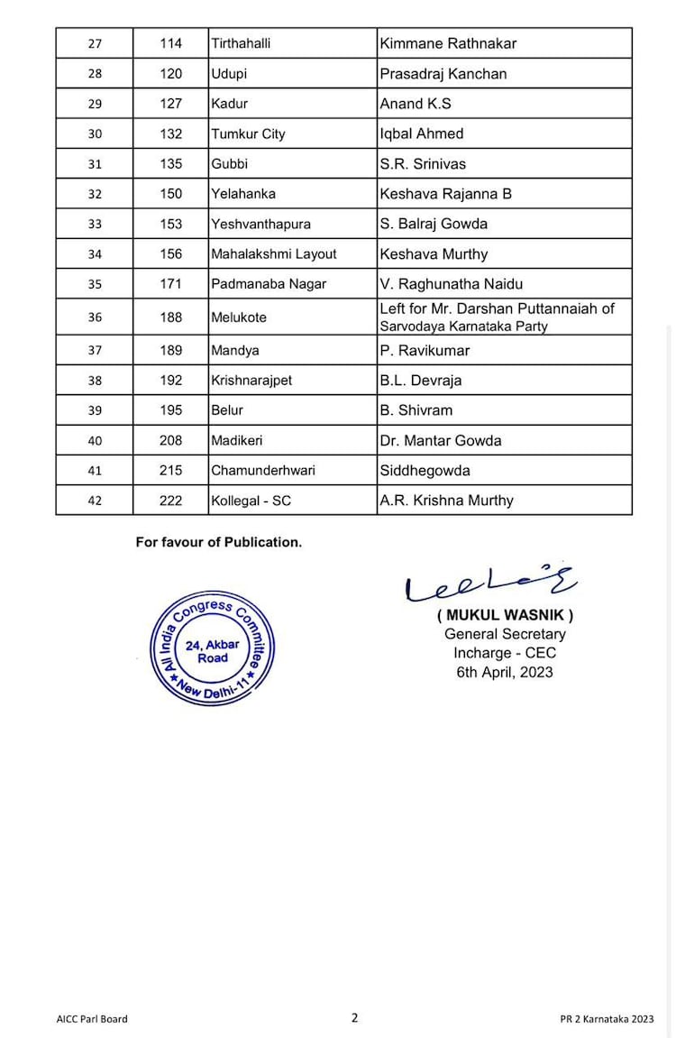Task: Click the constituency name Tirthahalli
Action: pos(241,43)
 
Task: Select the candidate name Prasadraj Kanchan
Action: pos(443,74)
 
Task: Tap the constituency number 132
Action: pos(170,133)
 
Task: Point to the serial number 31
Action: pos(95,164)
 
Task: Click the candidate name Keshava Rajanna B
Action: pos(445,194)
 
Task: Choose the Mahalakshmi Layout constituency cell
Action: pos(274,254)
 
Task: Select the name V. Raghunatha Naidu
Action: pos(452,284)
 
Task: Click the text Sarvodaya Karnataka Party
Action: pos(463,326)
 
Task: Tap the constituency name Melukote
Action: pos(239,317)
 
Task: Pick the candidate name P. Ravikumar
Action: pos(425,350)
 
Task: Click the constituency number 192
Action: pos(170,380)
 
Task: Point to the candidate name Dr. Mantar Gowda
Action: pos(441,440)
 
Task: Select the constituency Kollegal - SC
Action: pos(251,501)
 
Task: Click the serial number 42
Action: pos(95,501)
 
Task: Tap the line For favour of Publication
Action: pos(219,542)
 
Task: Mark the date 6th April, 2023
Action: pos(505,672)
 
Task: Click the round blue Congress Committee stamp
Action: pos(212,647)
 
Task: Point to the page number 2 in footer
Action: pos(354,1017)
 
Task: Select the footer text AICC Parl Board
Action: pos(92,1019)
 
